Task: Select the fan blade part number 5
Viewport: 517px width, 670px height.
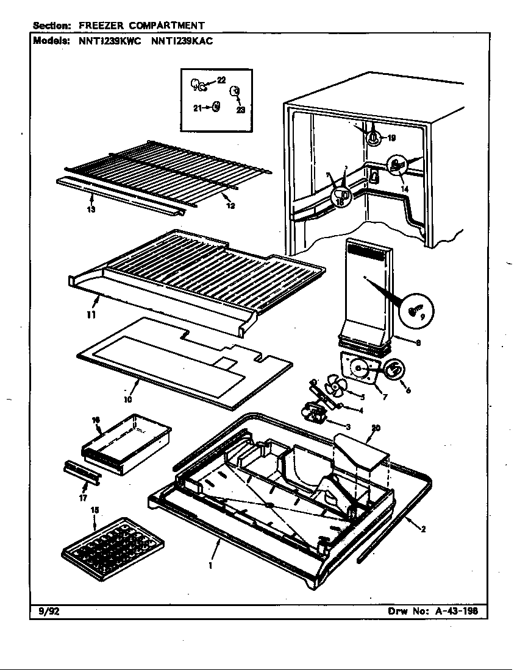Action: pyautogui.click(x=335, y=385)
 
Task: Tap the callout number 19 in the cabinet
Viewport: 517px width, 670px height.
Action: pyautogui.click(x=391, y=138)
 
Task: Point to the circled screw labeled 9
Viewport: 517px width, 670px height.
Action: pyautogui.click(x=416, y=312)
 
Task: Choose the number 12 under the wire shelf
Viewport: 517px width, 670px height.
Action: pyautogui.click(x=230, y=205)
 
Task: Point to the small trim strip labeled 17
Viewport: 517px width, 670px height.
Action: pyautogui.click(x=80, y=472)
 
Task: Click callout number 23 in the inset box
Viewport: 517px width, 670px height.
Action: pyautogui.click(x=240, y=110)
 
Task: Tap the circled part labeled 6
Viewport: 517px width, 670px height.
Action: pyautogui.click(x=394, y=368)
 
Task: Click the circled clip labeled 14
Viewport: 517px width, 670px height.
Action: pyautogui.click(x=396, y=164)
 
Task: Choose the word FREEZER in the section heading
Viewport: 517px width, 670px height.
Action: pyautogui.click(x=100, y=26)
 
